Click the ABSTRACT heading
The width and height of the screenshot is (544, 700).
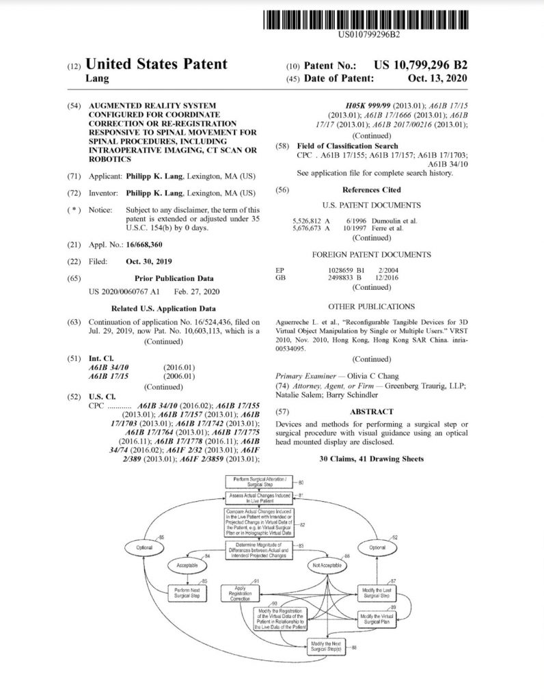tap(371, 412)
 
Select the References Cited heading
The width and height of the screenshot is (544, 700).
tap(371, 190)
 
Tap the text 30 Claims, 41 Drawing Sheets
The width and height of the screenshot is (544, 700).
tap(371, 459)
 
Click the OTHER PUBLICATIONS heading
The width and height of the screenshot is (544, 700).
tap(371, 307)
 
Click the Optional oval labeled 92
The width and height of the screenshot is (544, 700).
tap(377, 548)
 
